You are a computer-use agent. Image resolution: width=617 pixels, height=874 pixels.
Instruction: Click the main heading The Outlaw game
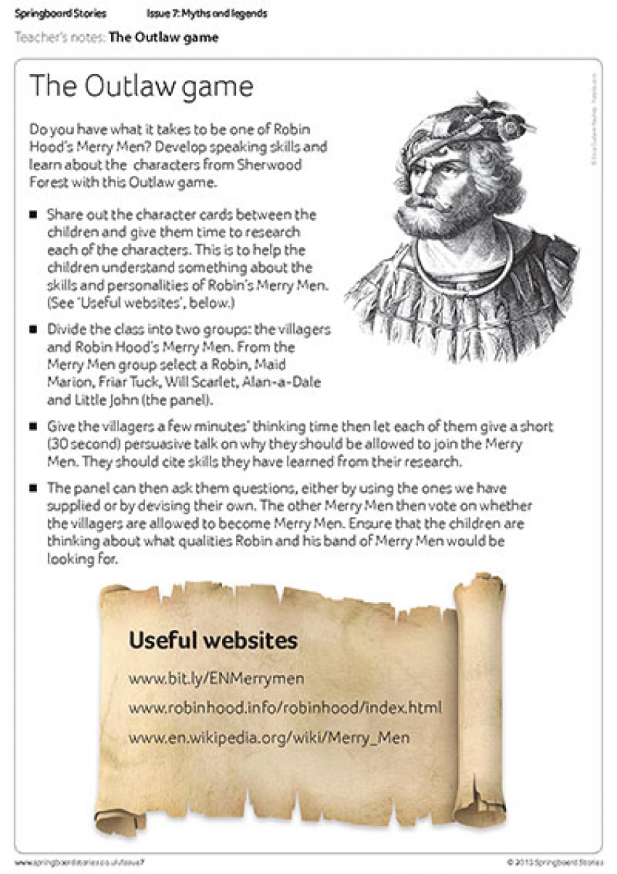(x=141, y=86)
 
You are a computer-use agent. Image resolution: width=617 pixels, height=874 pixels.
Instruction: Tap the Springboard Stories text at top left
(x=60, y=14)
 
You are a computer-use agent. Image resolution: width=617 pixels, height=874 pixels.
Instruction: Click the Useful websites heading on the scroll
(x=213, y=640)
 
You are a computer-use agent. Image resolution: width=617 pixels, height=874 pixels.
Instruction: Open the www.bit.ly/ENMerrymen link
(x=216, y=679)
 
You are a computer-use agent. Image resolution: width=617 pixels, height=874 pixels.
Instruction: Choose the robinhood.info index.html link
(x=285, y=708)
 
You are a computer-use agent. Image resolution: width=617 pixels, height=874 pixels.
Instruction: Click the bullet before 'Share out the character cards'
(x=33, y=216)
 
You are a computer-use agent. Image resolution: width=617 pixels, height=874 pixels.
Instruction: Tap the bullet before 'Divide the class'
(x=33, y=329)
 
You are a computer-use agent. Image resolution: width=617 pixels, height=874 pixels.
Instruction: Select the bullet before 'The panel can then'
(x=33, y=488)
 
